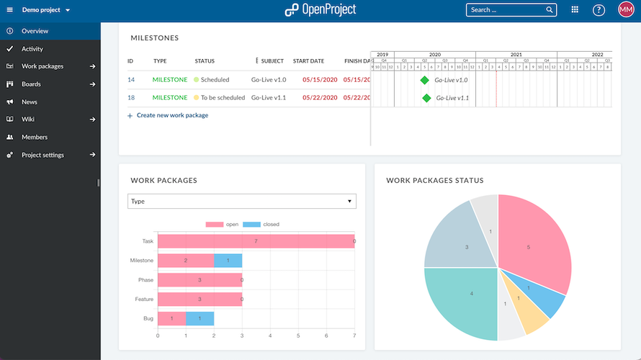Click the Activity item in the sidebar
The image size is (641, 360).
click(32, 49)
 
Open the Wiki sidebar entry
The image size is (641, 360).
click(28, 120)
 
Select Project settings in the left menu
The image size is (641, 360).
click(42, 155)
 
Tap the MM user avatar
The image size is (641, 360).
click(625, 10)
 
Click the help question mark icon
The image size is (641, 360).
click(599, 10)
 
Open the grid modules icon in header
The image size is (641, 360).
click(575, 10)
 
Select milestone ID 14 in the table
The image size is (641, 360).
click(131, 80)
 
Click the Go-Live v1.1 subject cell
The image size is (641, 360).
click(269, 97)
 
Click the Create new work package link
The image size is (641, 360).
click(172, 115)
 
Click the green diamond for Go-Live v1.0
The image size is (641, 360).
click(425, 80)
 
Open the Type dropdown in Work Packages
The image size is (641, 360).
click(241, 202)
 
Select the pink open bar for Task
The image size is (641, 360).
click(256, 242)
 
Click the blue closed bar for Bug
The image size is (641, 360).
click(200, 317)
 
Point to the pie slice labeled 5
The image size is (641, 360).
click(533, 245)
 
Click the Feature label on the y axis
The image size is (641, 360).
click(144, 298)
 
